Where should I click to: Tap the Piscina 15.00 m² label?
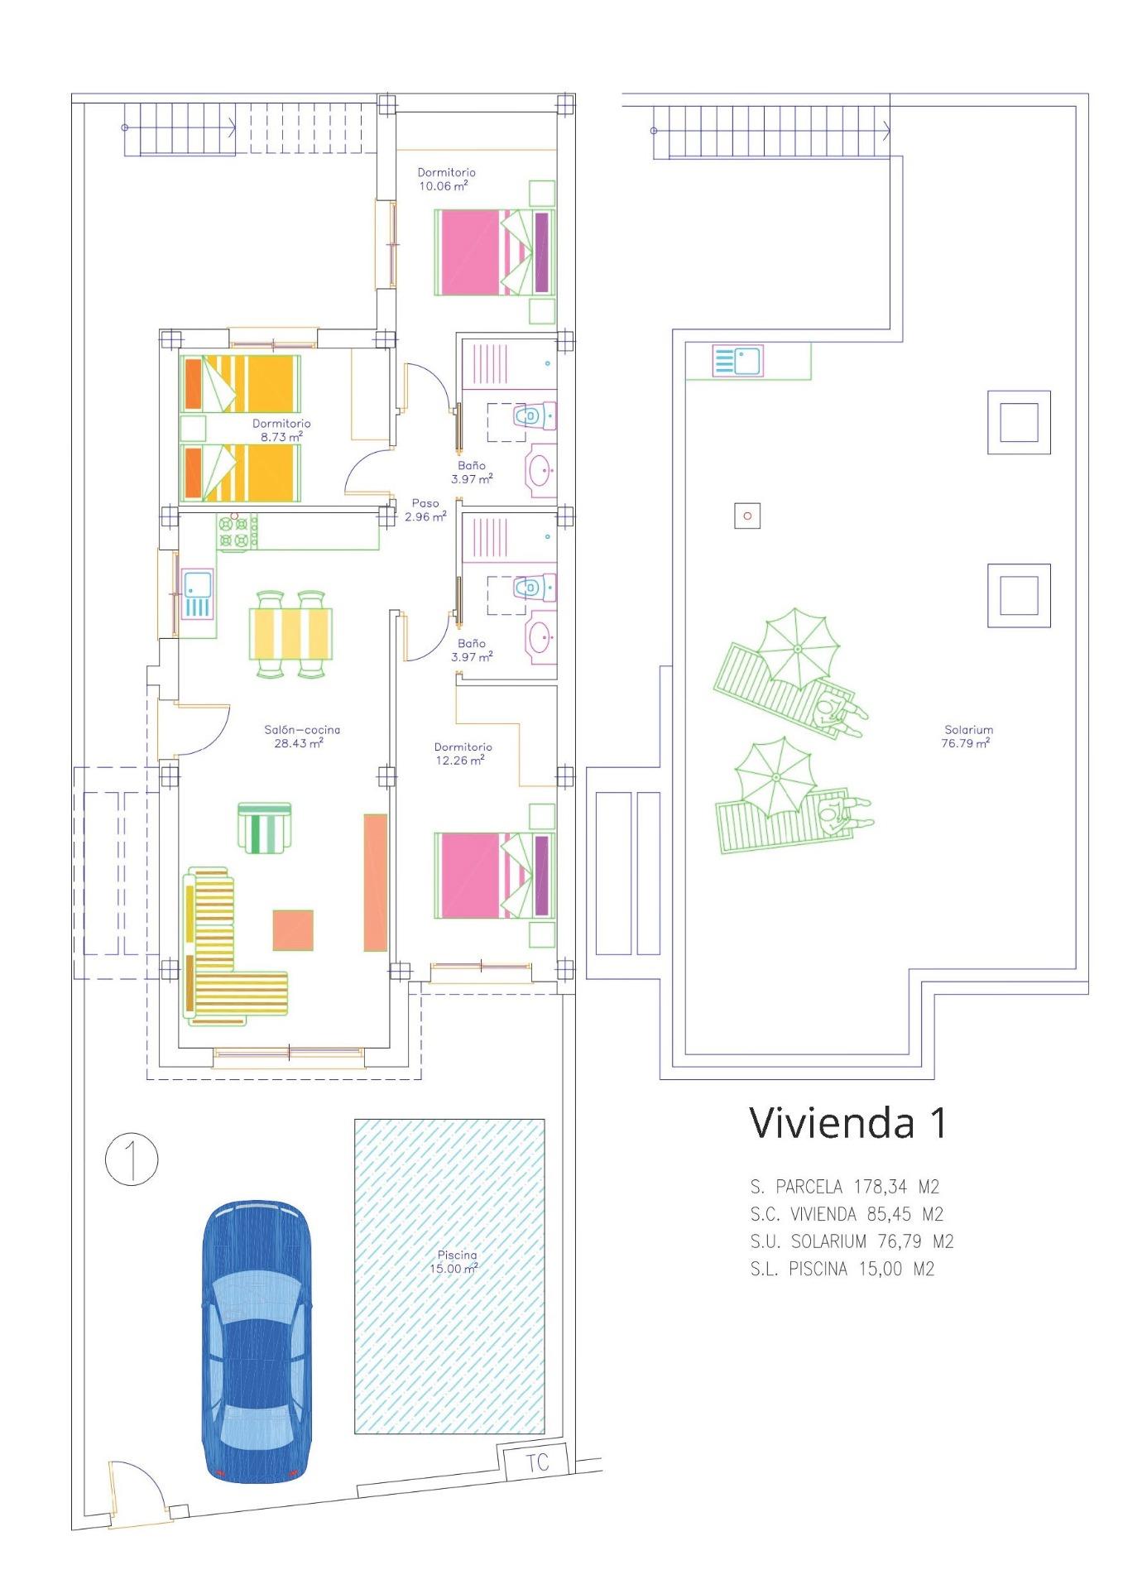tap(456, 1261)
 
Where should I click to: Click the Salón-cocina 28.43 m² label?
tap(302, 736)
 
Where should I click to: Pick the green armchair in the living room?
tap(264, 827)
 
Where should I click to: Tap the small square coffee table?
tap(293, 929)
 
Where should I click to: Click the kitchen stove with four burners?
tap(237, 530)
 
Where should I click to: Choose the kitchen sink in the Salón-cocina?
tap(198, 593)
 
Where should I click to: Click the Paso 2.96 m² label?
tap(425, 509)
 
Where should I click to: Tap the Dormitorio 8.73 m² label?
tap(281, 430)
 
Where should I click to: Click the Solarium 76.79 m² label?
tap(967, 736)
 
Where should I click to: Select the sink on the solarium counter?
tap(737, 361)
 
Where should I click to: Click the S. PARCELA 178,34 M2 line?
tap(844, 1187)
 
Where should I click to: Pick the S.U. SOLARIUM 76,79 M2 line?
tap(852, 1241)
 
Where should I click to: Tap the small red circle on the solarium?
tap(747, 516)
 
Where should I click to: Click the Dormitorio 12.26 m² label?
tap(463, 753)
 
